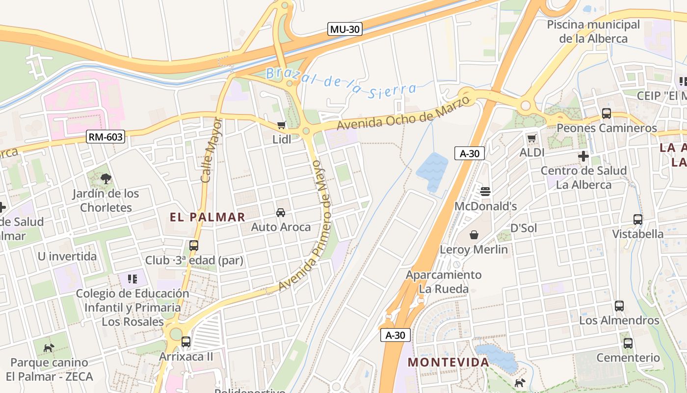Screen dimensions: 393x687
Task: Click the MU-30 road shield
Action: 344,29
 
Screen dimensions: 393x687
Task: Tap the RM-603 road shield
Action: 106,137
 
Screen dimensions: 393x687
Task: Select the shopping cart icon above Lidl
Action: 282,125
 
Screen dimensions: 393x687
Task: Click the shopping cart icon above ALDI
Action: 531,138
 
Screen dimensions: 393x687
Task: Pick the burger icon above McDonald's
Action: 485,191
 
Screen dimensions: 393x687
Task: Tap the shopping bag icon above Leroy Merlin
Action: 474,235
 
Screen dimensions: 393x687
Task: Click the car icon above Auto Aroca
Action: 281,212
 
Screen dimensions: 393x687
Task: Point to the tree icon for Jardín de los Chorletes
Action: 106,179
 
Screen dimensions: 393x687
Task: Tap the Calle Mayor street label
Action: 211,150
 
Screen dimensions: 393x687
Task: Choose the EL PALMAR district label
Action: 208,217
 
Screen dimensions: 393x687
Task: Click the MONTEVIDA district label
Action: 449,363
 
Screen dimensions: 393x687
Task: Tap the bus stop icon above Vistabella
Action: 638,219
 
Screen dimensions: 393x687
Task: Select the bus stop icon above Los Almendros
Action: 619,306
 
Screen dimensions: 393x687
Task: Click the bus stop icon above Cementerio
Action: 628,343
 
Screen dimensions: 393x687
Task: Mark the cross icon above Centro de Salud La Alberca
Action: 583,156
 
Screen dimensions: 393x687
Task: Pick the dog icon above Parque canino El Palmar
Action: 49,348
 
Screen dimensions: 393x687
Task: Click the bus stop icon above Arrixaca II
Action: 186,341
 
